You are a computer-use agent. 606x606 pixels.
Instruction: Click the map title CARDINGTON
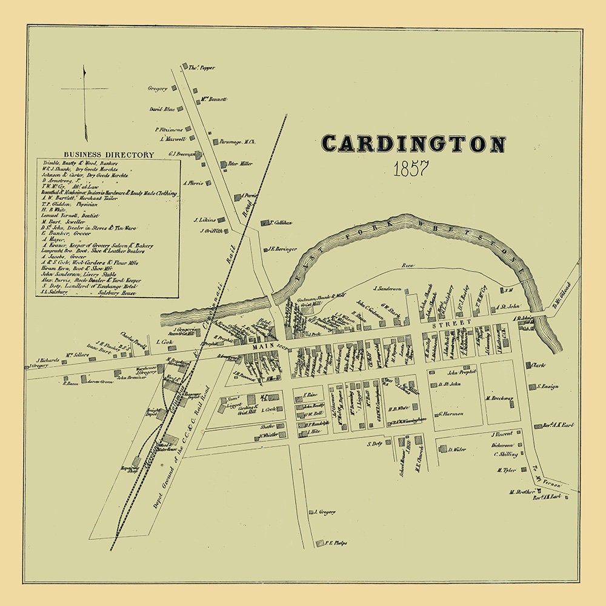(413, 144)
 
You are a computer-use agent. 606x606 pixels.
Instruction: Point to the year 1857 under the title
(411, 169)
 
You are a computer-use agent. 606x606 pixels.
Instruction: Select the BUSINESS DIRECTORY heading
(104, 155)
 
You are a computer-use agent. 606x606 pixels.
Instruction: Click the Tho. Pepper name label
(202, 68)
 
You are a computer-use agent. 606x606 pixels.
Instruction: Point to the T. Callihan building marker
(264, 223)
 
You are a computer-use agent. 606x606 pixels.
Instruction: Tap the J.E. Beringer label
(284, 249)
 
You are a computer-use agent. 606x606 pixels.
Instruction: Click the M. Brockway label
(500, 399)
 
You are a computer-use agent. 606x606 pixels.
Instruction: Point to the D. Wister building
(443, 449)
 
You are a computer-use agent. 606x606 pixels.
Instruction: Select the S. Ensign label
(547, 386)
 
